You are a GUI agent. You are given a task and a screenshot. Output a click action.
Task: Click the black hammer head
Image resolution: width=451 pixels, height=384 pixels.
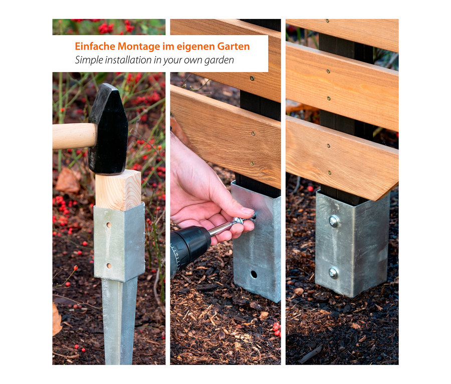point(109,129)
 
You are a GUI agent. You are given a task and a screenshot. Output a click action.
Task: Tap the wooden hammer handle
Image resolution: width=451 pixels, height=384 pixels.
point(74,136)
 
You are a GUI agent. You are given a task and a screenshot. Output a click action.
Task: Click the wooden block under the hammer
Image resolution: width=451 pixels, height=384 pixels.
point(118,190)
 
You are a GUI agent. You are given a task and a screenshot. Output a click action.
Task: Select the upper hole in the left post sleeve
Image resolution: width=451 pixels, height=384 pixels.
point(109,225)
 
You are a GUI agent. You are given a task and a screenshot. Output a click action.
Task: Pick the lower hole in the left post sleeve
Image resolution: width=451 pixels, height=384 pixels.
point(109,266)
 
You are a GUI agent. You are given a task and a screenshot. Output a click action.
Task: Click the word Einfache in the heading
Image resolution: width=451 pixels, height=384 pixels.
point(95,46)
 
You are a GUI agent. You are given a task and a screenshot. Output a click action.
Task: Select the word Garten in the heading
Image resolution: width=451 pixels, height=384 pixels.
point(233,46)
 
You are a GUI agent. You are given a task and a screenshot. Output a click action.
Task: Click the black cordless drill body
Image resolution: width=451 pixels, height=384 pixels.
point(190,247)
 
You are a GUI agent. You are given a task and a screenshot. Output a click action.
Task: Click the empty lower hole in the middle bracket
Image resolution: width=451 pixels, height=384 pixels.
point(254,274)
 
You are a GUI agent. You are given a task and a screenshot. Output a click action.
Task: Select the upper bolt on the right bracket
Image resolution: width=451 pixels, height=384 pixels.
point(334,221)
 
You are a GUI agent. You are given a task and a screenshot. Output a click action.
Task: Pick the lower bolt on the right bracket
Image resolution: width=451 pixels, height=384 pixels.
point(333,273)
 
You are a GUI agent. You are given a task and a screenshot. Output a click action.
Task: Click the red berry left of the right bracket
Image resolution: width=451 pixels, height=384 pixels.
point(310,188)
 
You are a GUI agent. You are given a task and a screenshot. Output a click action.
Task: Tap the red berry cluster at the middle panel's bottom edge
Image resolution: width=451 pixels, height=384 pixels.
point(277,328)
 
